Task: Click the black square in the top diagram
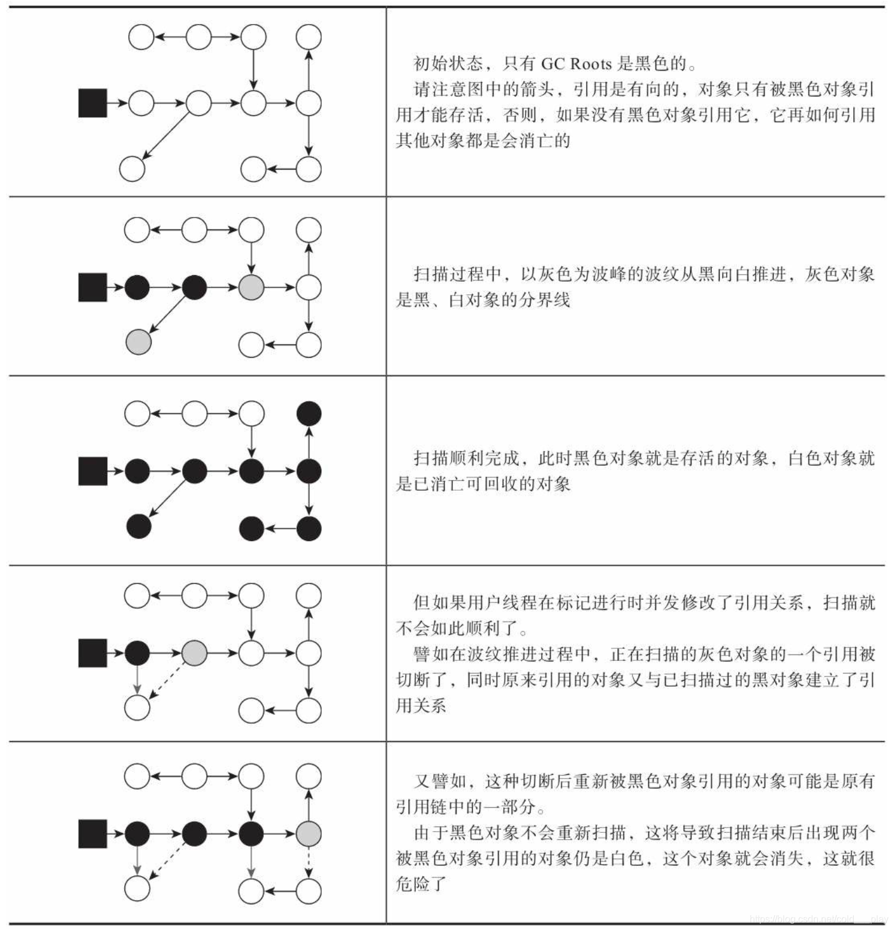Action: pos(93,103)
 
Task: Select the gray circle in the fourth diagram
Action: pos(194,653)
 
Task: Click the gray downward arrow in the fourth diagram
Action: pos(137,680)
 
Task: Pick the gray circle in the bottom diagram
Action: pos(309,834)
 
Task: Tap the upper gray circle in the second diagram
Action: pos(251,288)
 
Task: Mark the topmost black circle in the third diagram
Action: pos(309,413)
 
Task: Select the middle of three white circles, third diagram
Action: pos(194,413)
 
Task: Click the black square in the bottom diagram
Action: pos(93,834)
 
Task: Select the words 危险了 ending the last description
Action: pos(421,884)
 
